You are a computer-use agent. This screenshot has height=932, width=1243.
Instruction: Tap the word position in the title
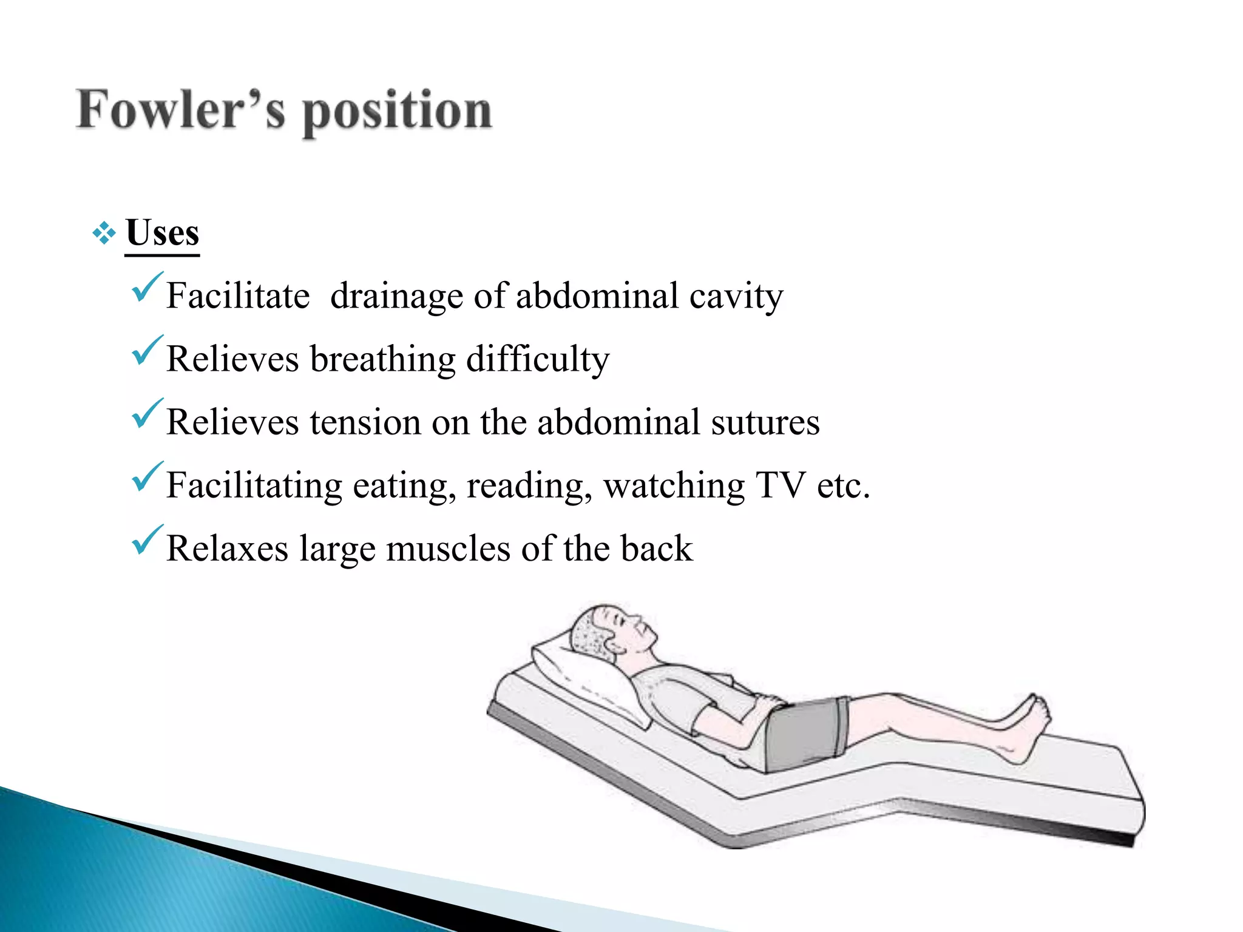[x=398, y=112]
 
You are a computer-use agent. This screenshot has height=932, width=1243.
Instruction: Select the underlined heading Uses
[x=163, y=233]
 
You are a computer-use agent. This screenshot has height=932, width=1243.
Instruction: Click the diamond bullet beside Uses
[x=104, y=234]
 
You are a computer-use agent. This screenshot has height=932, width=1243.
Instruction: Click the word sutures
[x=765, y=423]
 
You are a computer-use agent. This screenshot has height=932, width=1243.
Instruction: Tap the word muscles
[x=449, y=549]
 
